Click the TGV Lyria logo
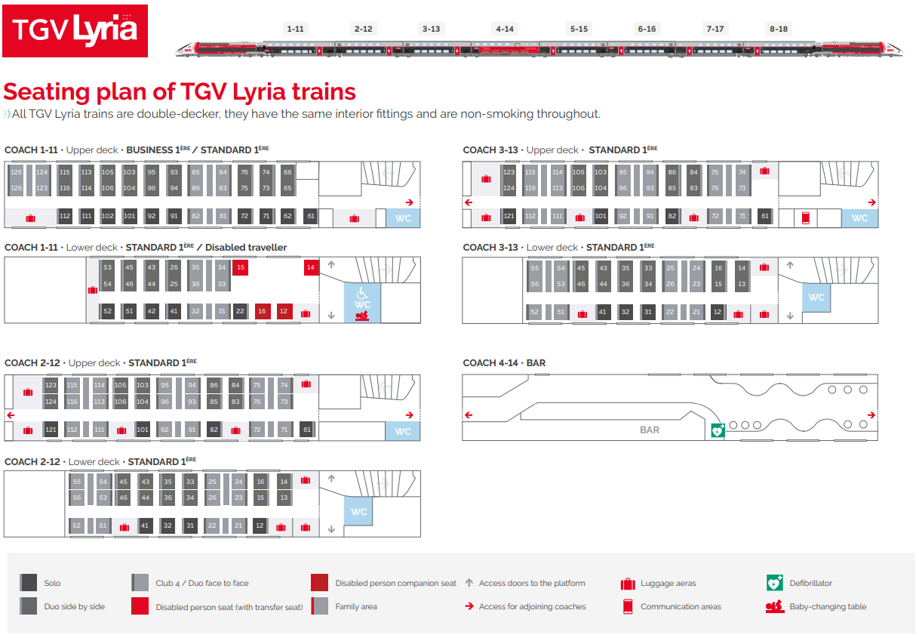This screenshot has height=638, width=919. [75, 31]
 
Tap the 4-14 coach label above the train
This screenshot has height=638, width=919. [505, 29]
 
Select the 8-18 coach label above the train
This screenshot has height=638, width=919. [779, 29]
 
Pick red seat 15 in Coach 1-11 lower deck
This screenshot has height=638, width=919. [240, 267]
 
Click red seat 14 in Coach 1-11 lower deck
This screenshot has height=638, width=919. [310, 267]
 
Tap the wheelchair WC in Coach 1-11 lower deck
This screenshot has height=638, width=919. [362, 302]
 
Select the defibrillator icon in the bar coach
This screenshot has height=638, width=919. [718, 430]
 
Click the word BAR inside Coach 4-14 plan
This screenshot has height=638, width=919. [649, 430]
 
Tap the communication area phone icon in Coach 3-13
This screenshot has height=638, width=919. [806, 218]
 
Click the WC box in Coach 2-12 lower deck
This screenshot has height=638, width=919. [359, 511]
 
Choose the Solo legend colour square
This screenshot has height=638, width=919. [29, 583]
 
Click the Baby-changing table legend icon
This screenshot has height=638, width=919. [775, 606]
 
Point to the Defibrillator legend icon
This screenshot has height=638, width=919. [775, 583]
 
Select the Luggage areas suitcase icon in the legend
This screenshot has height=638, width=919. [628, 583]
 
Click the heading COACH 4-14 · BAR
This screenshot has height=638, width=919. [504, 363]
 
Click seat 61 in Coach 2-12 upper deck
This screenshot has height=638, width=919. [306, 430]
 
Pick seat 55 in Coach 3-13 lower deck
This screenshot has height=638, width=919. [535, 268]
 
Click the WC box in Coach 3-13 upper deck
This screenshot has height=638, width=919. [859, 218]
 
